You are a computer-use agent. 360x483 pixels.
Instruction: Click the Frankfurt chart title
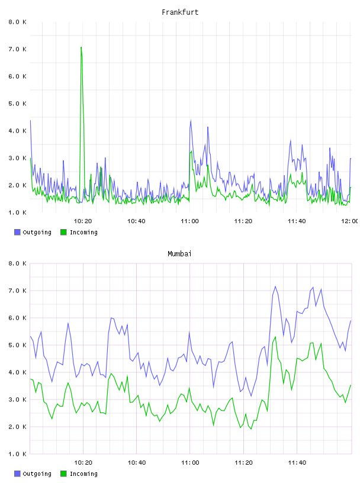tap(180, 12)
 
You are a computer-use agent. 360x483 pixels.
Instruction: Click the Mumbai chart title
tap(179, 254)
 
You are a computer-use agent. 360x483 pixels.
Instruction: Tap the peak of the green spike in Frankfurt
tap(81, 47)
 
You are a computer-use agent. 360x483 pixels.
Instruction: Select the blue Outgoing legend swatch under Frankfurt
tap(17, 232)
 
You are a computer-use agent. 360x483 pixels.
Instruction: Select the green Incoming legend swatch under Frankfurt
tap(63, 232)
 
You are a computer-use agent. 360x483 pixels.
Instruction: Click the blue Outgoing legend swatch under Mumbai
tap(17, 474)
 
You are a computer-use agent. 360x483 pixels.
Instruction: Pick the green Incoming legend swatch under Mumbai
tap(63, 474)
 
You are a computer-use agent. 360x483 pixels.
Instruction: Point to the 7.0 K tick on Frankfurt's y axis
tap(17, 49)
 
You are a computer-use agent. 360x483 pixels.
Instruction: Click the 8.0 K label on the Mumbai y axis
tap(17, 263)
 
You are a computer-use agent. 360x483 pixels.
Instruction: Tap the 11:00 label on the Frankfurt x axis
tap(189, 221)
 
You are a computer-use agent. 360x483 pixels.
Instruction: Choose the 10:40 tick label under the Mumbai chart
tap(137, 463)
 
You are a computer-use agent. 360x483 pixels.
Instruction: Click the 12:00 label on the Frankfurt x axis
tap(350, 221)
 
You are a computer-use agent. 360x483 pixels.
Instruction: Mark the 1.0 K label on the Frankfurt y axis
tap(17, 212)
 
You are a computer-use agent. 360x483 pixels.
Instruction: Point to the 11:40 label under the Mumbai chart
tap(297, 463)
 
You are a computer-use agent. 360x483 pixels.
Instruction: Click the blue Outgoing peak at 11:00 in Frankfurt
tap(191, 120)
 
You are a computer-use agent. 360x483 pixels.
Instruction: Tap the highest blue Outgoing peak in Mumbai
tap(275, 286)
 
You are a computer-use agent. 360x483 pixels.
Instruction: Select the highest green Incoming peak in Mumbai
tap(275, 337)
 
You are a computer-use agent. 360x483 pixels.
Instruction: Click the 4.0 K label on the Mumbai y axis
tap(17, 372)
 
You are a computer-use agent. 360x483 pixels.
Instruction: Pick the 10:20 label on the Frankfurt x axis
tap(83, 221)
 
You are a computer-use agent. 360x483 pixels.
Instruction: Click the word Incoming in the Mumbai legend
tap(83, 474)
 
